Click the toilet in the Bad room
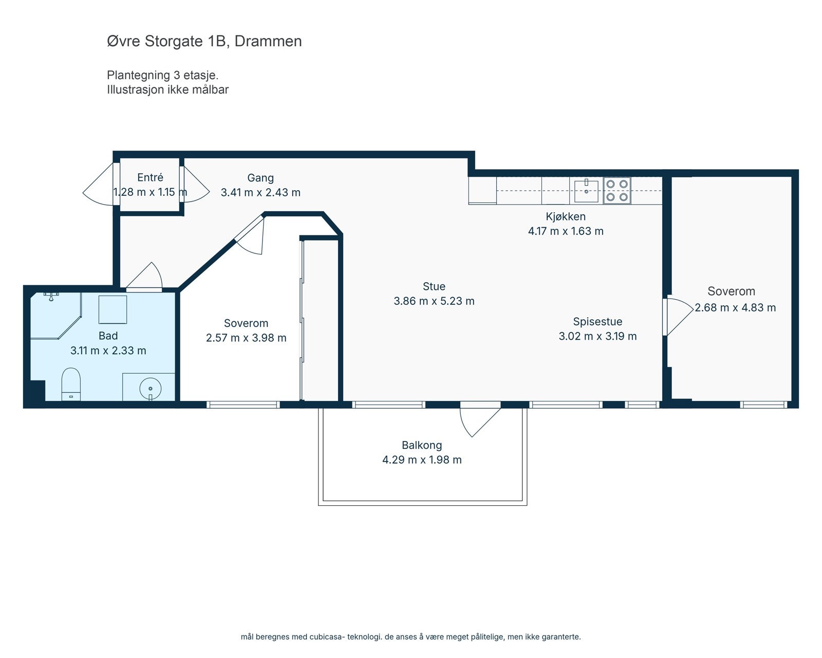(71, 383)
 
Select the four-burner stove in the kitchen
(617, 190)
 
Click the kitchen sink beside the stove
(586, 191)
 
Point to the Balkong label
(422, 445)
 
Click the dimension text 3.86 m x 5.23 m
(434, 301)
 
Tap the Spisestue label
(597, 322)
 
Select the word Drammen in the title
(268, 41)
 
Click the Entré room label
(150, 178)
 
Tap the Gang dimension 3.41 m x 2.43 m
(260, 193)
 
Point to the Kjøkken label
(566, 216)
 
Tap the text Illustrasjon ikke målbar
(167, 89)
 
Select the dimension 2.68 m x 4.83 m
(735, 308)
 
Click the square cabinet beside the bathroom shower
(113, 309)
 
